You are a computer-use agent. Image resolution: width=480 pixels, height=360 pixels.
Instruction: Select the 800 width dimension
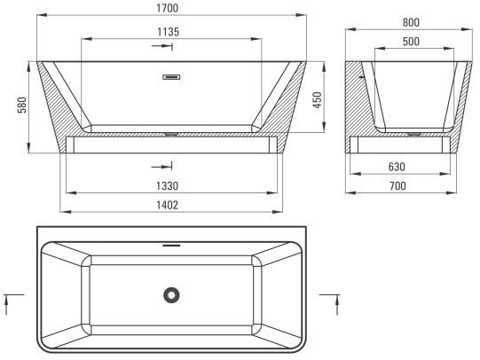[x=409, y=22]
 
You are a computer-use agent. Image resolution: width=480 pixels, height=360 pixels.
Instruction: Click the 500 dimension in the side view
[x=409, y=42]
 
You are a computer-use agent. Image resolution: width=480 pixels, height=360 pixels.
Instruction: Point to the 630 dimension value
[x=408, y=166]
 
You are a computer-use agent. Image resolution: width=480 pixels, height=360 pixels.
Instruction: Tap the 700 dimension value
[x=408, y=186]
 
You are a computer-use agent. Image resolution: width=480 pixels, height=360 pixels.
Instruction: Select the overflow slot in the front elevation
[x=171, y=76]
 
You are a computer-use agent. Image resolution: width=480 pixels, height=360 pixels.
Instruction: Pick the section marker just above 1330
[x=161, y=167]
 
